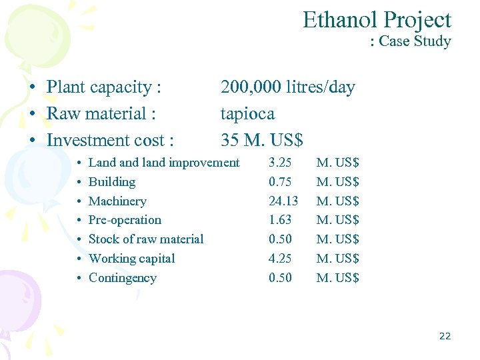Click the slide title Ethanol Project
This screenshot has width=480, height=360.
coord(377,20)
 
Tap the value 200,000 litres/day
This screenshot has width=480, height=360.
coord(287,87)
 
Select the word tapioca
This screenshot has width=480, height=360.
coord(247,114)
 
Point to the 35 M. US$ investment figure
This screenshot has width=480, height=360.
coord(261,141)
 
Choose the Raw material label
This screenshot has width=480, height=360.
coord(101,114)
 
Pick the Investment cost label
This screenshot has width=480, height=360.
coord(110,141)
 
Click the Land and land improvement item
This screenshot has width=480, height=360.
coord(164,163)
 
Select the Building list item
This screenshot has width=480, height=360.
coord(112,182)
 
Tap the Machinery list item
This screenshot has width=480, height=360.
coord(117,201)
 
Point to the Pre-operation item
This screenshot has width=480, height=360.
coord(125,220)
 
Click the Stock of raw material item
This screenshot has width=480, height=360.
coord(146,239)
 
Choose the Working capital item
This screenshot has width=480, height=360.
coord(131,259)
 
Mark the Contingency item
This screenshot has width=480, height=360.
coord(122,278)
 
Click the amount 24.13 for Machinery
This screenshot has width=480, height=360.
coord(283,201)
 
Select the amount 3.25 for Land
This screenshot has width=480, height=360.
coord(280,163)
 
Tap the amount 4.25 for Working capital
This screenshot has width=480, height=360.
coord(280,259)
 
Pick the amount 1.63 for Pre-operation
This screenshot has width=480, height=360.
coord(280,220)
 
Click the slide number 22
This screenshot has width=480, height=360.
coord(445,336)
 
